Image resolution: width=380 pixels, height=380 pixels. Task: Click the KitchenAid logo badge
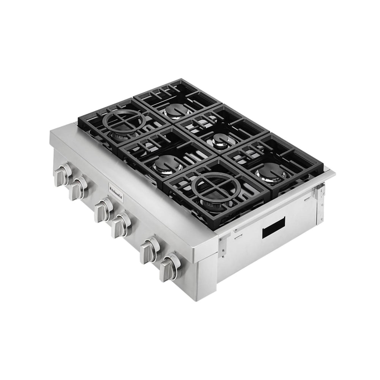point(116,192)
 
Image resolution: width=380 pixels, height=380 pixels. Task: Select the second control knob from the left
point(78,187)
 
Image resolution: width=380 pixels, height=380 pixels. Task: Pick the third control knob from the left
point(103,210)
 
